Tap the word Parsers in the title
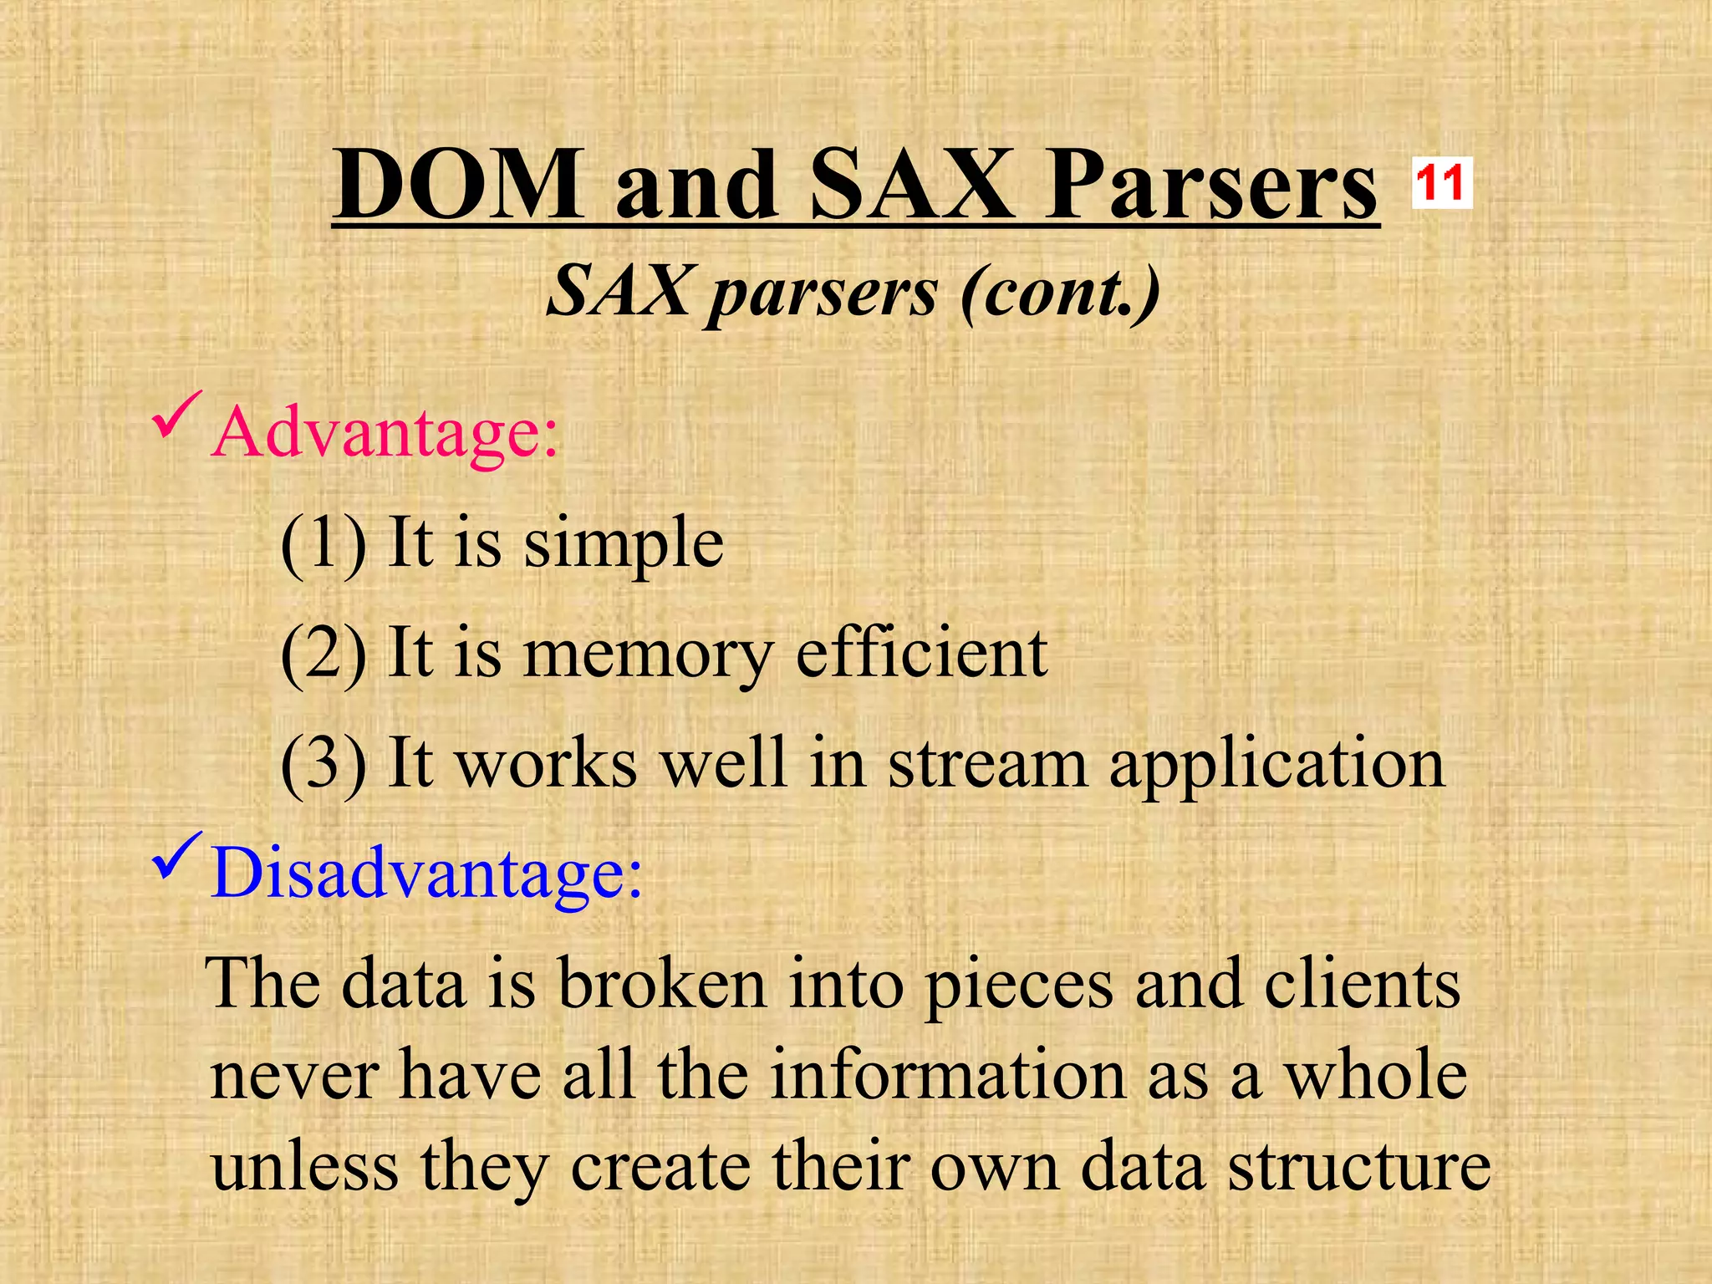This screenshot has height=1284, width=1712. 1211,186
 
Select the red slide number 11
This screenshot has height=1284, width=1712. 1441,183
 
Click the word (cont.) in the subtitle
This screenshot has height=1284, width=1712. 1060,292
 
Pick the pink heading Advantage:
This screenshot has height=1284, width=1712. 385,432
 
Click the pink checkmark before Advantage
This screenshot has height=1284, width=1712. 175,416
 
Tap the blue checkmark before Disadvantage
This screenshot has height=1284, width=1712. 176,857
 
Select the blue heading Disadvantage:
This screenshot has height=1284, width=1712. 427,873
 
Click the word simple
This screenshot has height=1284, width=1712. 624,544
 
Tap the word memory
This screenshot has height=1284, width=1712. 647,655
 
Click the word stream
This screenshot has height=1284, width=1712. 987,763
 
